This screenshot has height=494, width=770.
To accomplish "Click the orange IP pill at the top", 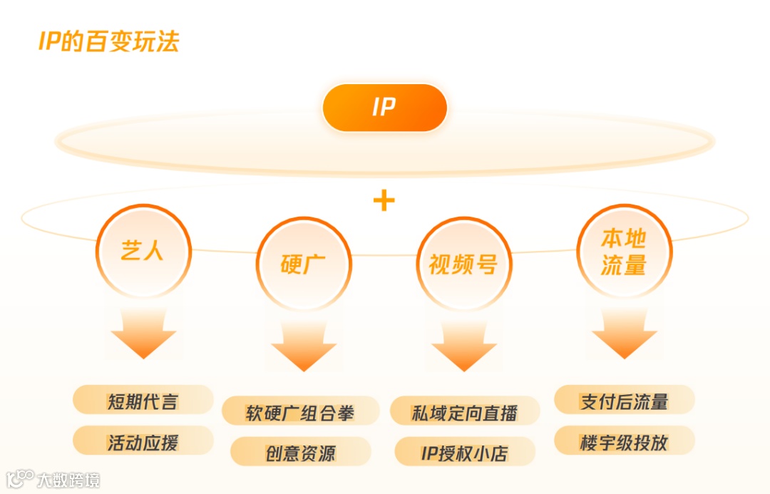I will pyautogui.click(x=384, y=108).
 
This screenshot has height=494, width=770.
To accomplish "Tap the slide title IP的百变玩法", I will pyautogui.click(x=108, y=41).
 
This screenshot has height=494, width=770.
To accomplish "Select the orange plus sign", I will pyautogui.click(x=384, y=200).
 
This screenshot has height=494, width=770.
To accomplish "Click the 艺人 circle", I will pyautogui.click(x=143, y=250).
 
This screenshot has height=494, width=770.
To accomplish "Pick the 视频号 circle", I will pyautogui.click(x=463, y=264).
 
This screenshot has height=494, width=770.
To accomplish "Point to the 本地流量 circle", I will pyautogui.click(x=624, y=251).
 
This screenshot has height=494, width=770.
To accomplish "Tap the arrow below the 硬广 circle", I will pyautogui.click(x=304, y=345).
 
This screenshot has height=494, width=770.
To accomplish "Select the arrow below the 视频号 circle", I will pyautogui.click(x=463, y=345).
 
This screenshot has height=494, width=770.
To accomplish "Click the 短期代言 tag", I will pyautogui.click(x=143, y=400).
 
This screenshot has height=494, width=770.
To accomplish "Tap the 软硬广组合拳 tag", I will pyautogui.click(x=300, y=412).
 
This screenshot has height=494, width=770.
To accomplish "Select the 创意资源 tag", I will pyautogui.click(x=300, y=453).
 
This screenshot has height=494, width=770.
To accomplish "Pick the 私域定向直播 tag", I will pyautogui.click(x=464, y=412).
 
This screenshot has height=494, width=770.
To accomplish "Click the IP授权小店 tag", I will pyautogui.click(x=464, y=453).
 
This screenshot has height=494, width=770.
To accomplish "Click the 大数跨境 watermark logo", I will pyautogui.click(x=53, y=479).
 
